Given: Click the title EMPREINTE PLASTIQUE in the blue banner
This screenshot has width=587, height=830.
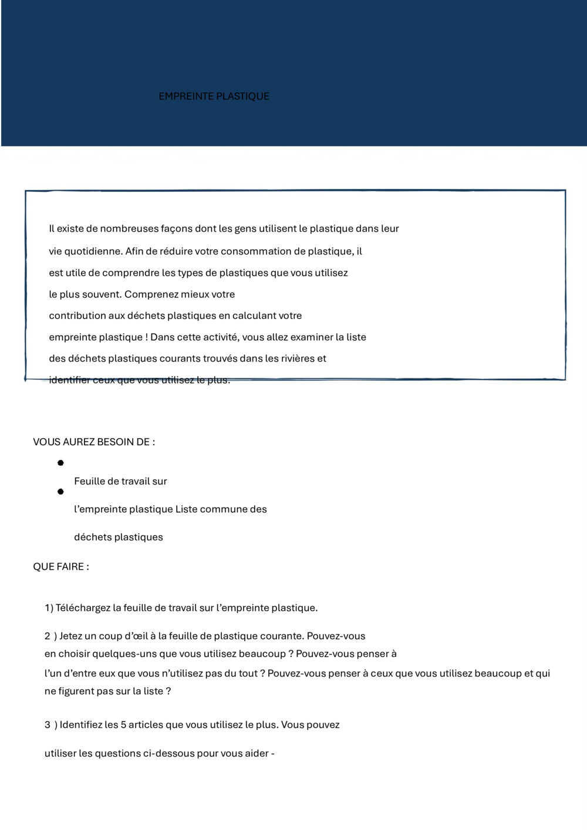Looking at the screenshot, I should coord(214,96).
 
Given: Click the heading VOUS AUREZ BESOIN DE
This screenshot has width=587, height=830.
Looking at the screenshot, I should coord(94,442).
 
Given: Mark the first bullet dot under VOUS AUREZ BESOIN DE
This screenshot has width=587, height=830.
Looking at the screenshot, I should coord(60,463).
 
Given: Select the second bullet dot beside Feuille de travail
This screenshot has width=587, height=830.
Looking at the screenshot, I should coord(60,492).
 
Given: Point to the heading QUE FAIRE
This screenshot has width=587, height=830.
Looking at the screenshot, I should coord(61,567).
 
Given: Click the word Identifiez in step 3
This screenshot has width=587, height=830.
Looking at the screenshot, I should coord(81,725).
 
